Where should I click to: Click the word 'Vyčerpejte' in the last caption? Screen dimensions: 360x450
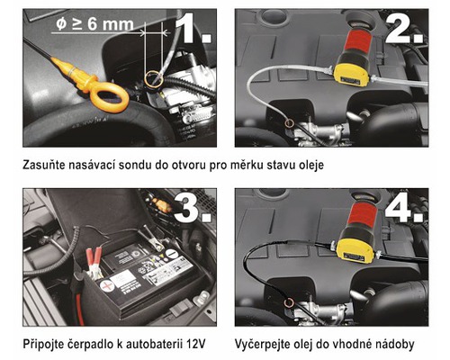pos(265,344)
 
